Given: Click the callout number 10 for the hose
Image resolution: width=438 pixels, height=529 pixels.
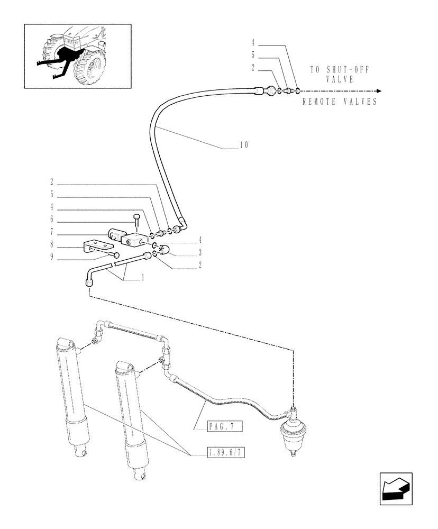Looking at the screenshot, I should (x=243, y=144).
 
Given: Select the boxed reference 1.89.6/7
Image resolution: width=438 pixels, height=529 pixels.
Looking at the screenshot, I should (x=225, y=453).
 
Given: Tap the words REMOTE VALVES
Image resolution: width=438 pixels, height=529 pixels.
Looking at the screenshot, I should (x=340, y=102).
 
